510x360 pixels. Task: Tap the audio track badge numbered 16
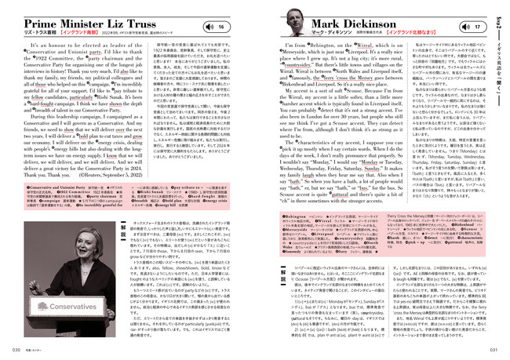coord(224,27)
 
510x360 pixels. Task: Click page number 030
coord(16,350)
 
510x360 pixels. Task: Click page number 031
coord(494,350)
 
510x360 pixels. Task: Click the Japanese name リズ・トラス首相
coord(41,37)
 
